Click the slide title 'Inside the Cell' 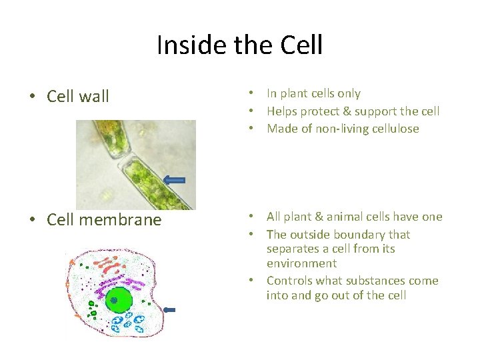click(239, 45)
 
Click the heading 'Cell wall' click(78, 97)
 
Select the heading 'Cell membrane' click(104, 220)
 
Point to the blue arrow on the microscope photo click(174, 179)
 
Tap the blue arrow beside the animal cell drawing click(169, 309)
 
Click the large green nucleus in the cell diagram click(119, 301)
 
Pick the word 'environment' click(301, 263)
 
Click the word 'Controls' click(289, 281)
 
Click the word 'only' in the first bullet click(349, 94)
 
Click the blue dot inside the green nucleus click(113, 301)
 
